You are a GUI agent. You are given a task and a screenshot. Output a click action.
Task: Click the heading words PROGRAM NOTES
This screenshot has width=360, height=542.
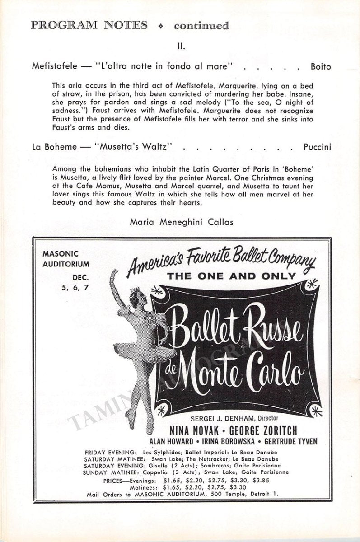point(89,25)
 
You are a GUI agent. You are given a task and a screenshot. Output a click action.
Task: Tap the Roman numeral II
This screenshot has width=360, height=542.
point(181,46)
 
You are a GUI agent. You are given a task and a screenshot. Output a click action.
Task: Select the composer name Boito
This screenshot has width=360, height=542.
point(320,67)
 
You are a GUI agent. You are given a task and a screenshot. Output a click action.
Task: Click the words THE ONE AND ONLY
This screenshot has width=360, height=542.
point(231,276)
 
